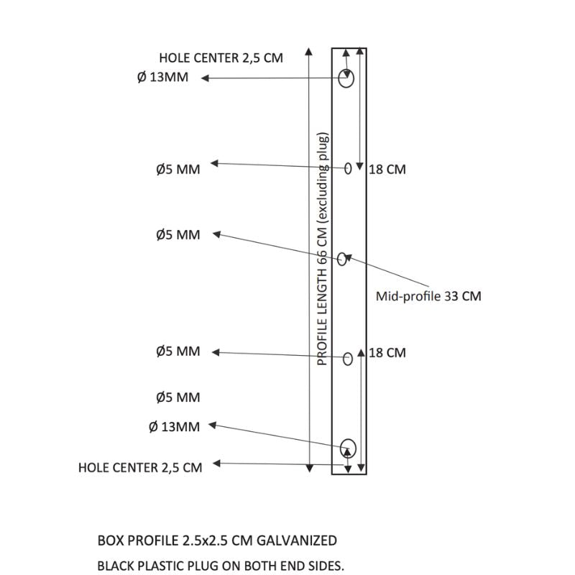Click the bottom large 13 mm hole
coord(349,447)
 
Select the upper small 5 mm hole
coord(348,168)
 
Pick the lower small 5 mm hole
coord(347,358)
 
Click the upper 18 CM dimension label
coord(387,170)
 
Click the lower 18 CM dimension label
coord(387,352)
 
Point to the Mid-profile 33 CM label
coord(429,295)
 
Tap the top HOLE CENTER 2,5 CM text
coord(221,58)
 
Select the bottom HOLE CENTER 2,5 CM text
coord(140,467)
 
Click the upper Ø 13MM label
coord(162,78)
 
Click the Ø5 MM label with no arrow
coord(178,397)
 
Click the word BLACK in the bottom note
coord(114,565)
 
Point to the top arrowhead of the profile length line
coord(309,51)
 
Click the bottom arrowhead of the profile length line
coord(309,469)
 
